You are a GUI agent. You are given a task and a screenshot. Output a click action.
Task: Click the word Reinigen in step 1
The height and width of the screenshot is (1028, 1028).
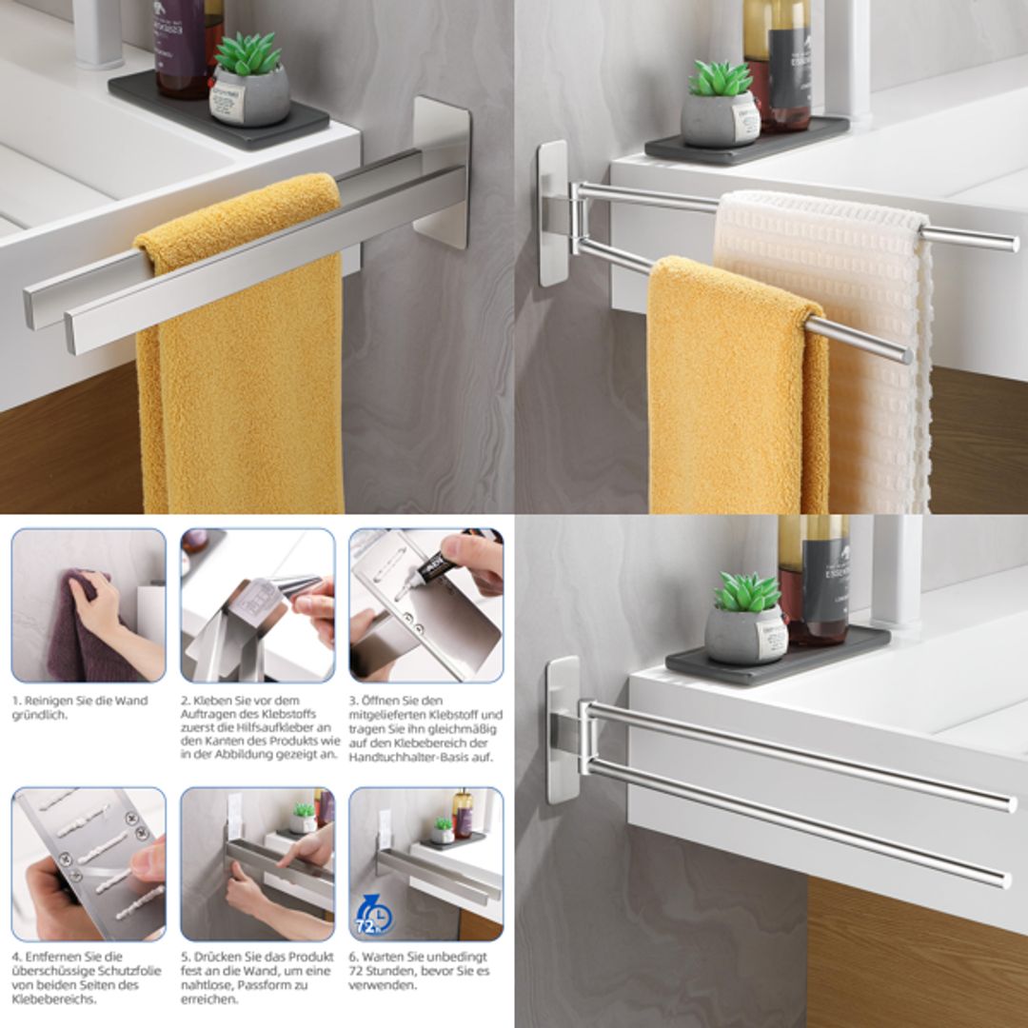click(x=47, y=701)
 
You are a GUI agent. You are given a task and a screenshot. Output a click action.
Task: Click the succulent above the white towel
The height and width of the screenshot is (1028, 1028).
click(x=721, y=79)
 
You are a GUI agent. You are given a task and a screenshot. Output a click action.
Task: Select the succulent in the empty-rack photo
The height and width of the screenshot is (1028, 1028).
click(x=747, y=593)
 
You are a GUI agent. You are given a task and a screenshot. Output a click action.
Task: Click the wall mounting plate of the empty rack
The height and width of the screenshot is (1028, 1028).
click(x=563, y=728)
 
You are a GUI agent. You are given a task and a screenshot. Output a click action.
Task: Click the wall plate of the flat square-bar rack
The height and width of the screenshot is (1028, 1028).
click(x=443, y=171)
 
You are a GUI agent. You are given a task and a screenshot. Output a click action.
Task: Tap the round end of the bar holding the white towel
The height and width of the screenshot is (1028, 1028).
click(x=1011, y=243)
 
